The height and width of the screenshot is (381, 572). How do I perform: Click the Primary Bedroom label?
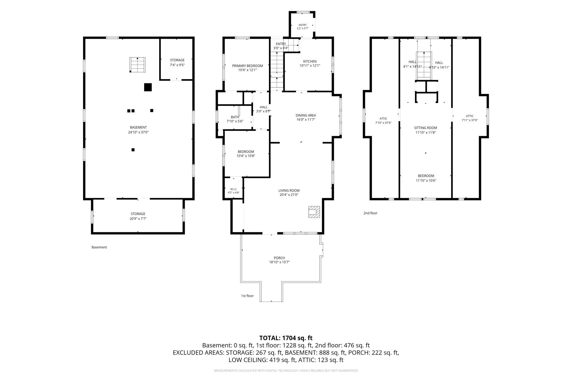(x=247, y=66)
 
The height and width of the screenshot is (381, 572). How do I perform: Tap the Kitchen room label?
(x=310, y=61)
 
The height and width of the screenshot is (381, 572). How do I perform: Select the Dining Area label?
(x=306, y=115)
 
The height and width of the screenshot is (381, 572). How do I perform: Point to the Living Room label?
(x=289, y=190)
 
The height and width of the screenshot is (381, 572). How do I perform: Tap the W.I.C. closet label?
(x=233, y=189)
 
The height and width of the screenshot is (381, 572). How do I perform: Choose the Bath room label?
(x=235, y=117)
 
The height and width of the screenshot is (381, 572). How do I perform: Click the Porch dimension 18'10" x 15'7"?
(x=279, y=262)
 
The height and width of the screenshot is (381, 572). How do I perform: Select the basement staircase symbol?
(x=137, y=65)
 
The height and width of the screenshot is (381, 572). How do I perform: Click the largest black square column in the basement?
(x=148, y=87)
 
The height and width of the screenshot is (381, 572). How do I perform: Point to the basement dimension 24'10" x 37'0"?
(x=138, y=132)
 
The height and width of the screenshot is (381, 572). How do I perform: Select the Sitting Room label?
(x=425, y=128)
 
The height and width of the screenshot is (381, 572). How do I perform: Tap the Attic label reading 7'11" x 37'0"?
(x=470, y=118)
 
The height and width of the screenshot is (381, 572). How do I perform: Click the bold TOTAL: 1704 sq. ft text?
(x=286, y=338)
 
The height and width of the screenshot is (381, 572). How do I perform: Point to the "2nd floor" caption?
(x=370, y=213)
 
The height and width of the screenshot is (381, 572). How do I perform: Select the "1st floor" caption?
(x=247, y=296)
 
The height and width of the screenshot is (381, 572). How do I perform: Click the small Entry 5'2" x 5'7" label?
(x=302, y=27)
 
